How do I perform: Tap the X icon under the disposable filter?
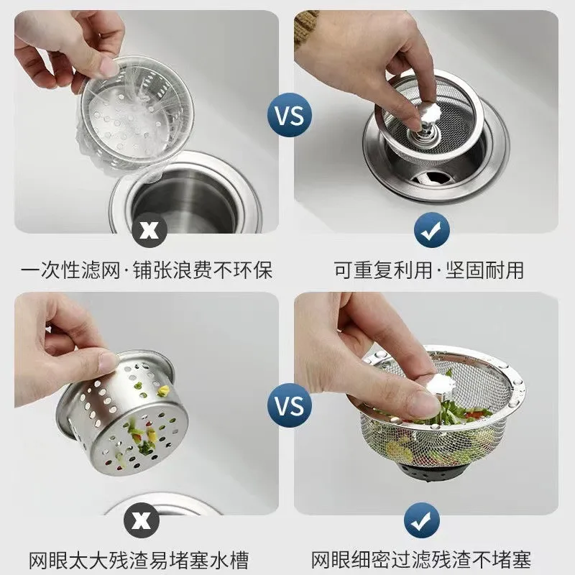(x=149, y=230)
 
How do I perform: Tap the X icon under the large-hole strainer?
(x=144, y=520)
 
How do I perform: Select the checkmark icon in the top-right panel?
(x=431, y=230)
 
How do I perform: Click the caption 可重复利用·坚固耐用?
(x=429, y=270)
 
